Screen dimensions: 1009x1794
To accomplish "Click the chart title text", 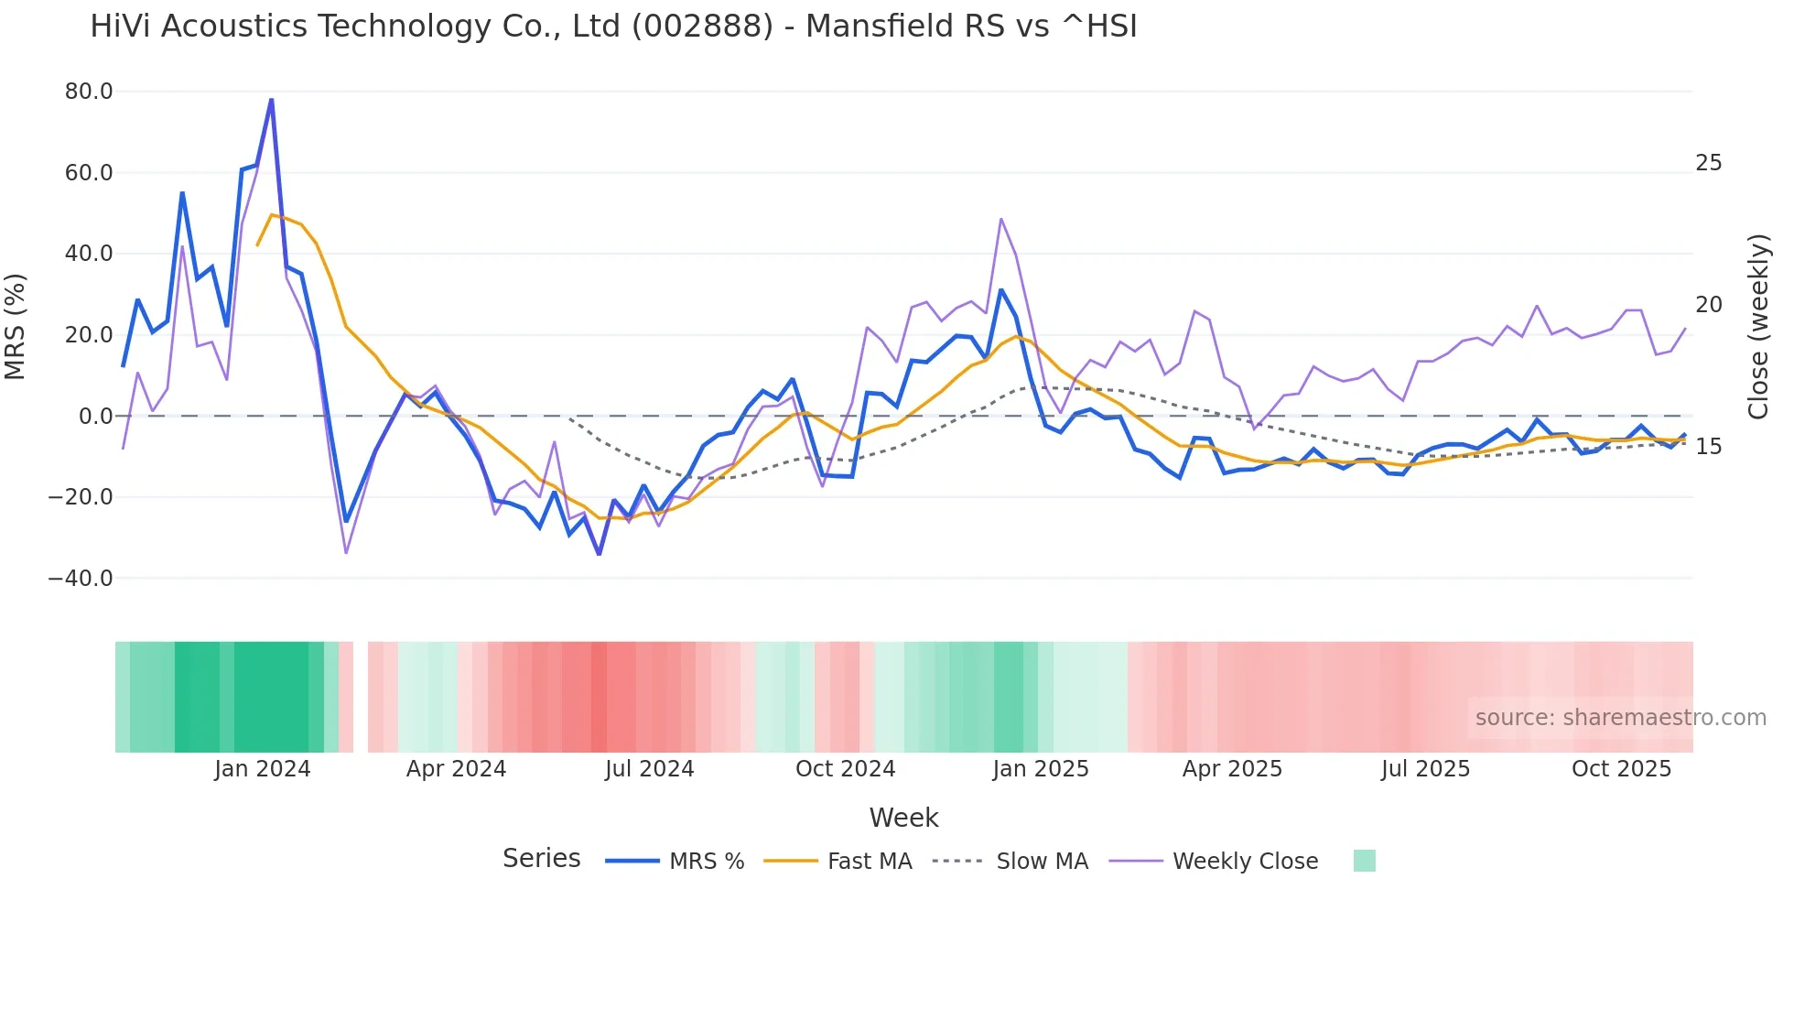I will coord(613,27).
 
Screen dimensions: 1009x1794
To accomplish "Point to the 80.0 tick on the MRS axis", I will coord(89,92).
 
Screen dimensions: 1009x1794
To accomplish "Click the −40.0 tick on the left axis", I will coord(81,579).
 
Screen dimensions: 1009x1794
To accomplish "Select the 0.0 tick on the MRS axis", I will coord(95,417).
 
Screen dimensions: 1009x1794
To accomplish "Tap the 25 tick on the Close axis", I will coord(1708,163).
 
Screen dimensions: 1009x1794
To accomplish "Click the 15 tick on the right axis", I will coord(1708,447).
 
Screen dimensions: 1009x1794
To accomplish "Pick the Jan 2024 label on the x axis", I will coord(263,769).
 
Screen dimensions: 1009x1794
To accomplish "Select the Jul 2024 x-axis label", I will coord(650,769).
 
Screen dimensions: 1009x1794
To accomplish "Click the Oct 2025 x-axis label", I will coord(1621,769).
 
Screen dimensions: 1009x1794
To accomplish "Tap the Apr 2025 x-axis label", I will coord(1232,769).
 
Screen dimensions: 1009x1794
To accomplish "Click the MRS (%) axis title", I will coord(16,327).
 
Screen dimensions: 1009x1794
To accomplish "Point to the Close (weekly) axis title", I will coord(1758,327).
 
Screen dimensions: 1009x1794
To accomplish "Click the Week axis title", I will coord(903,818).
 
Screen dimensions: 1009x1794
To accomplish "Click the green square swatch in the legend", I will coord(1364,862).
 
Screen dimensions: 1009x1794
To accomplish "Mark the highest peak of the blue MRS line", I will coord(271,100).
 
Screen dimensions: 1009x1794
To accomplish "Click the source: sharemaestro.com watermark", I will coord(1620,718).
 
